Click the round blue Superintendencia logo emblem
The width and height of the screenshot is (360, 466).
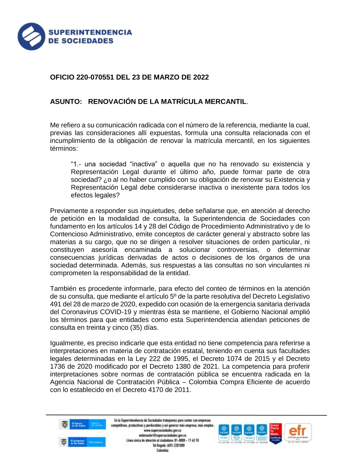coord(31,36)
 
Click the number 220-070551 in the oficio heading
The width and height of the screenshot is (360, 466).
coord(95,77)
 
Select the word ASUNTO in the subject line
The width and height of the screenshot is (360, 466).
coord(66,102)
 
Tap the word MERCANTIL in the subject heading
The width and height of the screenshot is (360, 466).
coord(225,102)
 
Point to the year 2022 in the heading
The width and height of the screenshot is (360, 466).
coord(201,77)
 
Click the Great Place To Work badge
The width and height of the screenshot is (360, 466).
coord(275,433)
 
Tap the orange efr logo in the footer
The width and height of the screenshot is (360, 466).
coord(298,432)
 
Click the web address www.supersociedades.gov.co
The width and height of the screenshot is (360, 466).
coord(162,430)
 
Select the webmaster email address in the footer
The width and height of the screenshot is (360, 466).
coord(162,435)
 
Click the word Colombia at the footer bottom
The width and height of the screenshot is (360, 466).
coord(162,451)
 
